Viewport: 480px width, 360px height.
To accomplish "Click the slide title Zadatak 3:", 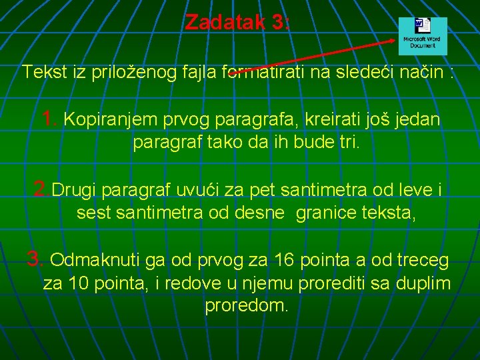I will pos(237,22).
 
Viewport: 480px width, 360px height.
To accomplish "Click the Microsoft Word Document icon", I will pos(423,36).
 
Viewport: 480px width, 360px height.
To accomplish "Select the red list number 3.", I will pos(35,259).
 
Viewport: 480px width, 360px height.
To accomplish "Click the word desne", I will pos(265,213).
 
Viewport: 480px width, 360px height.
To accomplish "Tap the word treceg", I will pos(424,260).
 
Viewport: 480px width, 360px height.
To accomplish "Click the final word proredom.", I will pos(247,306).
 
